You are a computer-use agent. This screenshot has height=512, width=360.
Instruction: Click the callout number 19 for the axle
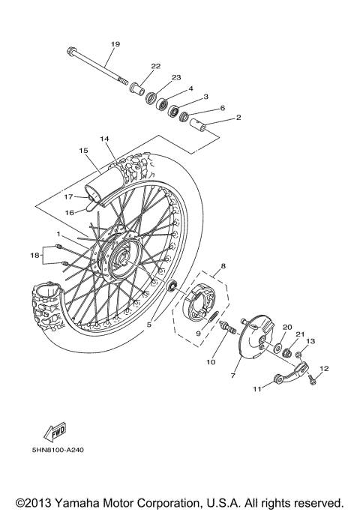[115, 44]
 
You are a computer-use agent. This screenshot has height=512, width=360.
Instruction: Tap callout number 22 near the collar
[156, 67]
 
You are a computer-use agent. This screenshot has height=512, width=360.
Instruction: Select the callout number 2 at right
[238, 118]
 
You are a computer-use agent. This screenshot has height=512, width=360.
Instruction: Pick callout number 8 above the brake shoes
[222, 266]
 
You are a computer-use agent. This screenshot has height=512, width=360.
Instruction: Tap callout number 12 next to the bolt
[324, 368]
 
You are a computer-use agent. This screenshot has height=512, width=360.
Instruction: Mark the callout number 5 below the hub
[149, 325]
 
